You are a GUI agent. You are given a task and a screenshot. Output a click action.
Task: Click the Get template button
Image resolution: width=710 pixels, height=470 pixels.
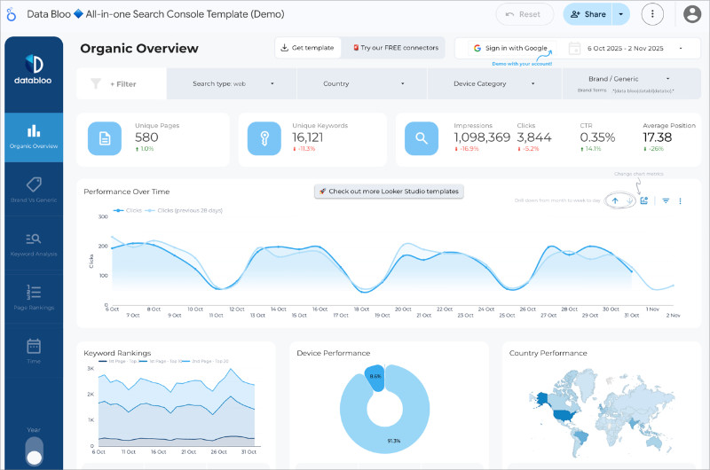click(x=306, y=48)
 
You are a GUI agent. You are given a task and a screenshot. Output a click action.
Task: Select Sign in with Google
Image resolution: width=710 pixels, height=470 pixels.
click(x=510, y=48)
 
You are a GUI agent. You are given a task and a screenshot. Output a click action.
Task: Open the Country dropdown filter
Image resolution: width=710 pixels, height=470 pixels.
click(x=362, y=84)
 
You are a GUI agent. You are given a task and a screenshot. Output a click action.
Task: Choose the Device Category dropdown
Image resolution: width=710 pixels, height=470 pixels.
click(x=493, y=84)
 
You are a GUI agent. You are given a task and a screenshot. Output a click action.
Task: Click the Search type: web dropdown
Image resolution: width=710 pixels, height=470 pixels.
click(x=233, y=84)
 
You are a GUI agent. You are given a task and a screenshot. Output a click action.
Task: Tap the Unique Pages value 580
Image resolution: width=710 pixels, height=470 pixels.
click(x=147, y=137)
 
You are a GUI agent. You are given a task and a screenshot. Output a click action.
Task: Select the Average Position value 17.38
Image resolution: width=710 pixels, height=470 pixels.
click(x=658, y=137)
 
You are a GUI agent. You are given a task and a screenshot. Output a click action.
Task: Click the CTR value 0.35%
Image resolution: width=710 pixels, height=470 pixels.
click(x=597, y=137)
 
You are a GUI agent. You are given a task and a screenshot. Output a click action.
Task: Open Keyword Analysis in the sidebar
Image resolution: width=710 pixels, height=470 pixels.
click(x=34, y=244)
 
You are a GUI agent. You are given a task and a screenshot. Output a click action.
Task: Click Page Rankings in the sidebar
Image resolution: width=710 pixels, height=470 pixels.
click(x=34, y=297)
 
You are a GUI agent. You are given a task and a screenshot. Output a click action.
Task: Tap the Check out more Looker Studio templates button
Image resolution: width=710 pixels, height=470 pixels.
click(x=390, y=192)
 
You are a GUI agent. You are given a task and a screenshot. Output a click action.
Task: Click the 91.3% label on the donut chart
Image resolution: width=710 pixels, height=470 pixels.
click(x=393, y=441)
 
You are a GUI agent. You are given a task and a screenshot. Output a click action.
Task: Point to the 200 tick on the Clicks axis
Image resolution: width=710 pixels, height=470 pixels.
click(x=102, y=246)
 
